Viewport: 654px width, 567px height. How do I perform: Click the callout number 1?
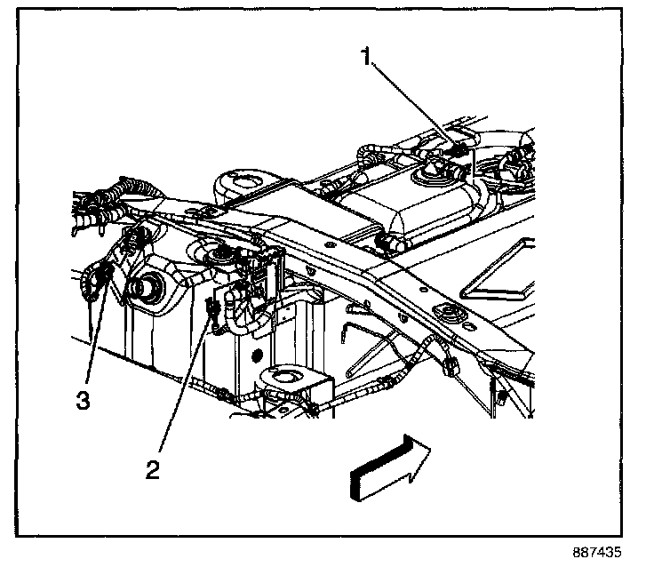(365, 59)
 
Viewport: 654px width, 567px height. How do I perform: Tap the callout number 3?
(83, 399)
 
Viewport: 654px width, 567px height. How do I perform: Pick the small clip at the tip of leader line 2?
(212, 310)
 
